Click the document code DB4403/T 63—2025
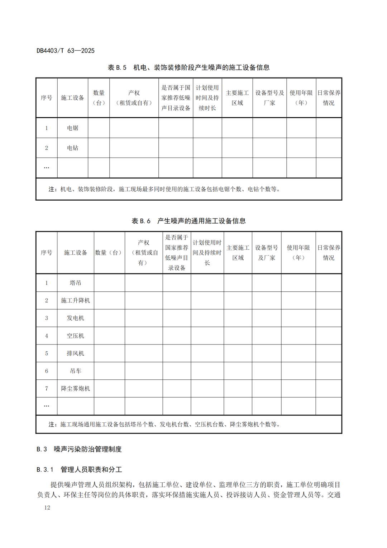pyautogui.click(x=66, y=51)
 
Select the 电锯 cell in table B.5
pyautogui.click(x=72, y=128)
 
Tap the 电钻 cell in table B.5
pyautogui.click(x=72, y=148)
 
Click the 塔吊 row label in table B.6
pyautogui.click(x=75, y=283)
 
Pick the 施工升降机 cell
pyautogui.click(x=75, y=300)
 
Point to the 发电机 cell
pyautogui.click(x=75, y=318)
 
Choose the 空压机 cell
pyautogui.click(x=75, y=336)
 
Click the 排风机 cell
pyautogui.click(x=75, y=353)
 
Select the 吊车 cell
pyautogui.click(x=75, y=371)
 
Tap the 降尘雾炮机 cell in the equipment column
pyautogui.click(x=75, y=389)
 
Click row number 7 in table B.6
pyautogui.click(x=47, y=389)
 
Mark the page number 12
pyautogui.click(x=47, y=507)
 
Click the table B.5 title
pyautogui.click(x=188, y=67)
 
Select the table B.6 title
pyautogui.click(x=188, y=221)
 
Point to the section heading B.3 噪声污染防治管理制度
pyautogui.click(x=79, y=449)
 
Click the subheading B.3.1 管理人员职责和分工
pyautogui.click(x=79, y=469)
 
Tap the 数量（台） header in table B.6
pyautogui.click(x=109, y=253)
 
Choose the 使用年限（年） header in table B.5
pyautogui.click(x=301, y=98)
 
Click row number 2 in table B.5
pyautogui.click(x=47, y=148)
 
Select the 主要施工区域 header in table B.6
pyautogui.click(x=238, y=253)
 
